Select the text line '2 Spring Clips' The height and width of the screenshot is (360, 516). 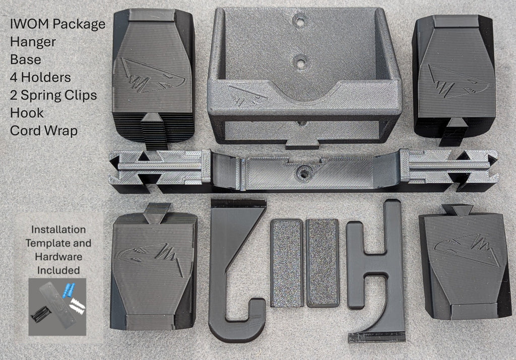[52, 95]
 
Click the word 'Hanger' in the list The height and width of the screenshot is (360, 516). [32, 42]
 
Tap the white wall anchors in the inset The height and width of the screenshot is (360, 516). [77, 305]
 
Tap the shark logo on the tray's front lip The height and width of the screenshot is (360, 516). [245, 93]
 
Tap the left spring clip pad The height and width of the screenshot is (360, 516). [287, 262]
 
